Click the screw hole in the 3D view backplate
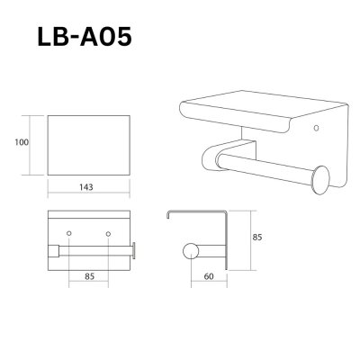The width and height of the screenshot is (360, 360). pyautogui.click(x=315, y=129)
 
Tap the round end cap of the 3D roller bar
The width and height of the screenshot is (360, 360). pyautogui.click(x=320, y=175)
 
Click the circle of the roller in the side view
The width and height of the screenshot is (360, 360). pyautogui.click(x=190, y=249)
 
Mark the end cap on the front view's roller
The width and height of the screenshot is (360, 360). pyautogui.click(x=134, y=249)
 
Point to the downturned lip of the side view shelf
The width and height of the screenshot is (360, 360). pyautogui.click(x=169, y=219)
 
